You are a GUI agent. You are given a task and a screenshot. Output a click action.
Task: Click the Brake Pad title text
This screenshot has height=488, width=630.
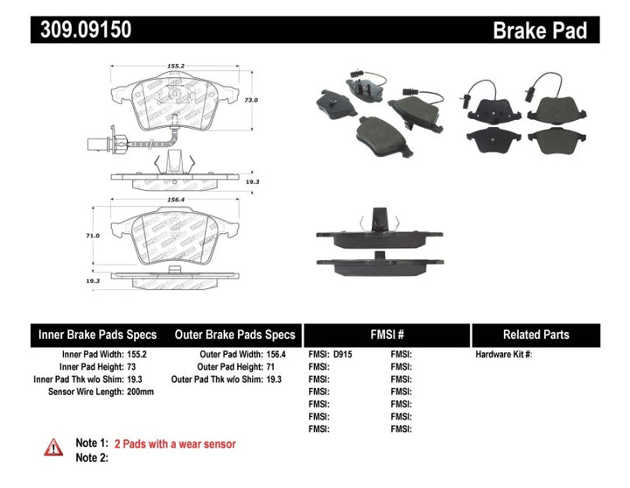pyautogui.click(x=539, y=31)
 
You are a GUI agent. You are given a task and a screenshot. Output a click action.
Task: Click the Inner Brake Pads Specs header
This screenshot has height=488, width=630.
pyautogui.click(x=97, y=335)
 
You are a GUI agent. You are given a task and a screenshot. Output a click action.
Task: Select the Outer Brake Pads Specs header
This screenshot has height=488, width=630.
pyautogui.click(x=235, y=335)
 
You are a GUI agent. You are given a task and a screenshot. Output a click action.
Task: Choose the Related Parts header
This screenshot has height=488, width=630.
pyautogui.click(x=535, y=335)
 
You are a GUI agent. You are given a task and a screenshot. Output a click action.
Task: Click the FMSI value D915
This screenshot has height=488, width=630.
pyautogui.click(x=344, y=355)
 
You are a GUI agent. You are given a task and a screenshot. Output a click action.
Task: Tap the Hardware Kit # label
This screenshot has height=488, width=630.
pyautogui.click(x=503, y=355)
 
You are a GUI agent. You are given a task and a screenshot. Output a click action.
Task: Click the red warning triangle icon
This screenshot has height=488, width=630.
pyautogui.click(x=53, y=447)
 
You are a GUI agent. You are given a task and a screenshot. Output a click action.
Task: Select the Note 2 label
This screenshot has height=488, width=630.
pyautogui.click(x=92, y=457)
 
